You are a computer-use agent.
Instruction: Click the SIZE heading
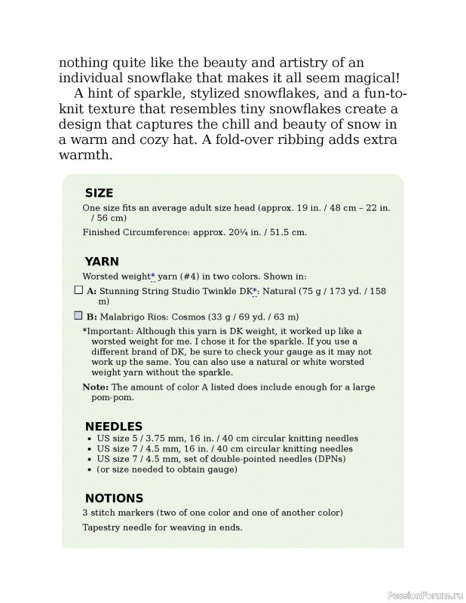pyautogui.click(x=99, y=193)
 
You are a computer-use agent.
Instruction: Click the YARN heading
pyautogui.click(x=102, y=262)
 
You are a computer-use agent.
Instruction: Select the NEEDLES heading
pyautogui.click(x=113, y=427)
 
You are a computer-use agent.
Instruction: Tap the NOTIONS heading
pyautogui.click(x=114, y=498)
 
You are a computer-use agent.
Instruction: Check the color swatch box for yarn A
pyautogui.click(x=78, y=289)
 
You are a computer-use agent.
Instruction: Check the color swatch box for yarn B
pyautogui.click(x=78, y=317)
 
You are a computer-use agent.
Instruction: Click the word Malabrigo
pyautogui.click(x=121, y=317)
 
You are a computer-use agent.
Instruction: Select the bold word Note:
pyautogui.click(x=95, y=387)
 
